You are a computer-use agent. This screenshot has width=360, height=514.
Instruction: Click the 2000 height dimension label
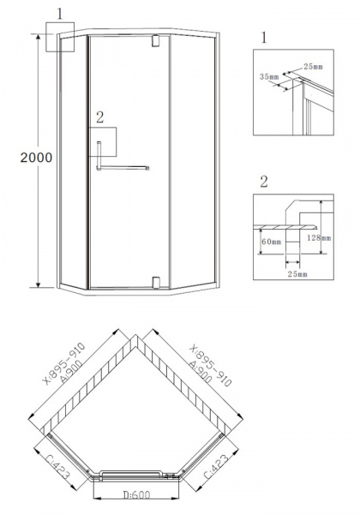click(36, 158)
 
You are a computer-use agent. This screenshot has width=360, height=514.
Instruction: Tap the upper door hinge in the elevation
click(156, 41)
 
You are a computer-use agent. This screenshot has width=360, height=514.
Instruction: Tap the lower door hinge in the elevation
click(156, 283)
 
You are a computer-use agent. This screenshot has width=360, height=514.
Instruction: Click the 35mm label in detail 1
click(269, 77)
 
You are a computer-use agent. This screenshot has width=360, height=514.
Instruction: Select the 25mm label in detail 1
click(313, 67)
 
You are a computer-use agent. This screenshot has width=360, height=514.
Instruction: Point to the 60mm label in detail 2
click(272, 242)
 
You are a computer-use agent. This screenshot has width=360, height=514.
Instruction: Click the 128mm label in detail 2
click(319, 237)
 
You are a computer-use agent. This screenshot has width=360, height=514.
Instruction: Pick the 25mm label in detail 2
click(297, 274)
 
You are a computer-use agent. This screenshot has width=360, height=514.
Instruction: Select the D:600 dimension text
click(137, 494)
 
